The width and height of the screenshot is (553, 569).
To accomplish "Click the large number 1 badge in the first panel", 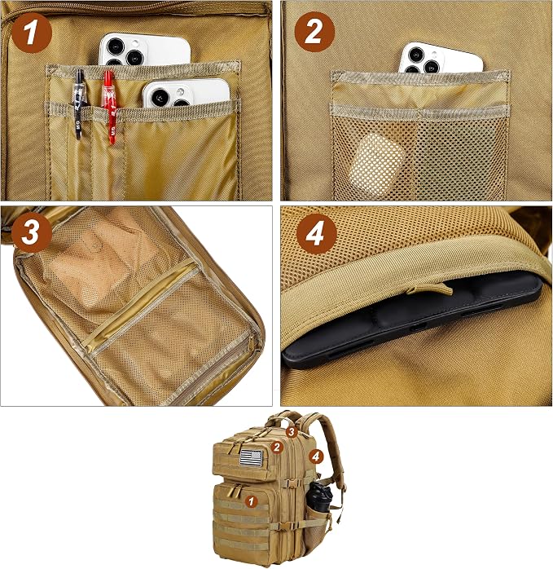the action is click(32, 33).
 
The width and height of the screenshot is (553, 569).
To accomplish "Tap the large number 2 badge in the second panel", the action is click(314, 32).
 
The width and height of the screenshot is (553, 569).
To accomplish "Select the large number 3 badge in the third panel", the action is click(32, 232).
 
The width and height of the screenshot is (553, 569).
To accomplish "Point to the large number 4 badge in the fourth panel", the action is click(316, 235).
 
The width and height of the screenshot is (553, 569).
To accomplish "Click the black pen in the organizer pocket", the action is click(80, 104).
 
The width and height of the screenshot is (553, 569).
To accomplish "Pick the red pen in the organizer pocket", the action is click(109, 106).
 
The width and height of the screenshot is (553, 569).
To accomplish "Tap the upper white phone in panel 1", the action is click(144, 50).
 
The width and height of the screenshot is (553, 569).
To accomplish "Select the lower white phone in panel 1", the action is click(186, 93).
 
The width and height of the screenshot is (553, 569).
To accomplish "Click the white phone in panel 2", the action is click(441, 58).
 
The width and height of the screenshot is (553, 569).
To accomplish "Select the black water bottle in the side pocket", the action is click(319, 497).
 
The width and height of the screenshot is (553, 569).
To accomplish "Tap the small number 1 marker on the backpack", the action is click(251, 501).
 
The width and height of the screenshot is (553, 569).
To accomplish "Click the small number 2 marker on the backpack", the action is click(278, 447).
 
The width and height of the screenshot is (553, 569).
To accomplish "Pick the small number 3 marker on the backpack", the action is click(292, 432).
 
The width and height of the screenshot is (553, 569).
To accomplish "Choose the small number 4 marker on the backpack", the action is click(316, 457).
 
